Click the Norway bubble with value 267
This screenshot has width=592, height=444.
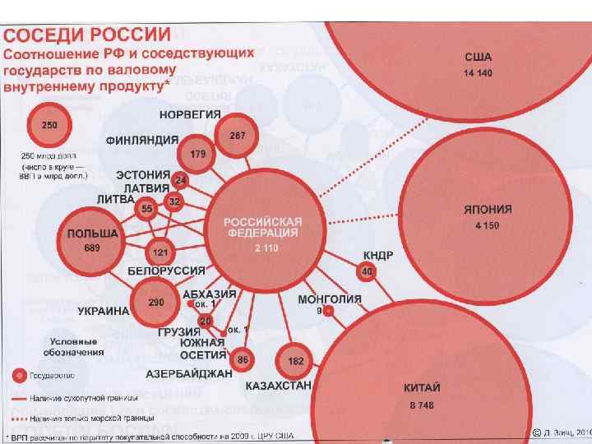click(x=237, y=134)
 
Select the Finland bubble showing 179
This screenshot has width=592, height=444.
click(x=198, y=155)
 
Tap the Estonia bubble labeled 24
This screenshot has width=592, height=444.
click(x=181, y=180)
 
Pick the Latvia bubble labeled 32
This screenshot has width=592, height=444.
click(x=174, y=201)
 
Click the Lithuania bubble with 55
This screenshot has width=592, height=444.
click(x=147, y=210)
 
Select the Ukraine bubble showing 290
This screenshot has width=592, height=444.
click(x=156, y=303)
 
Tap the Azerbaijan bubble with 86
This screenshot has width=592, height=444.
click(x=243, y=359)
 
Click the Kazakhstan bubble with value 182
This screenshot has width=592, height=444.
click(x=296, y=361)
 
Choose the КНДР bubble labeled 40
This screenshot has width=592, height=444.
click(x=368, y=271)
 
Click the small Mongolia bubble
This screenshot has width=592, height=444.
click(x=328, y=311)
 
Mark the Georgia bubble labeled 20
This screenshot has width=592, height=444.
click(x=205, y=320)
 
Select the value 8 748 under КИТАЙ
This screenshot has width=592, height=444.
click(x=422, y=405)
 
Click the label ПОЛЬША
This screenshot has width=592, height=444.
click(x=93, y=234)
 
